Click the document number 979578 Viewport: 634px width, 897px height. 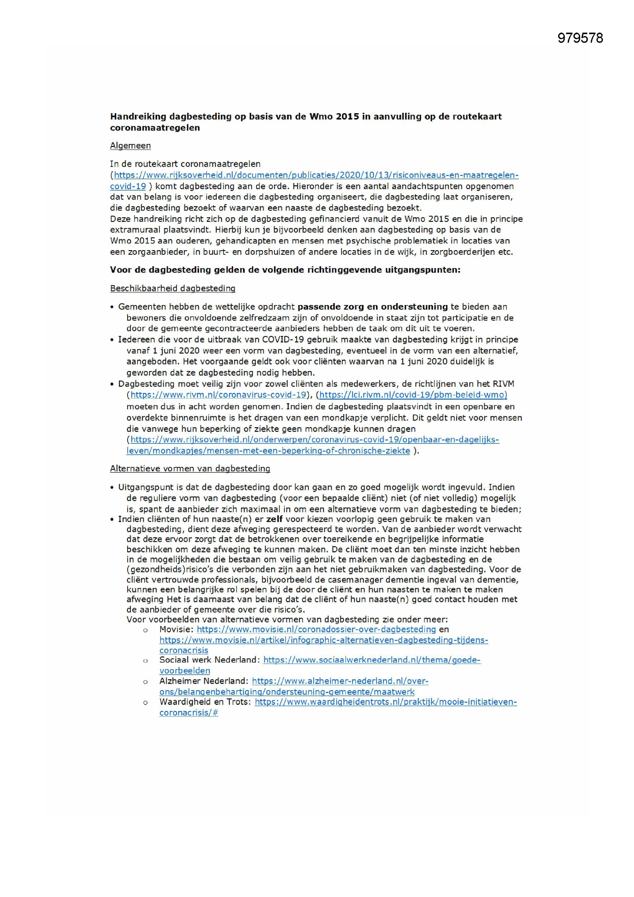point(580,38)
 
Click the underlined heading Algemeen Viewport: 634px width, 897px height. point(130,146)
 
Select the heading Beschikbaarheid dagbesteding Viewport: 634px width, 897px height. point(172,289)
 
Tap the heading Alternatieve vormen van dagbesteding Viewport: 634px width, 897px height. point(190,468)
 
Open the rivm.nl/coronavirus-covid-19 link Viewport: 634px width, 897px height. point(218,394)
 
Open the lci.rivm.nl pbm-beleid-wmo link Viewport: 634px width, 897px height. point(413,394)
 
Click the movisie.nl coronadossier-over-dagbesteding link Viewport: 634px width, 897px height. point(316,629)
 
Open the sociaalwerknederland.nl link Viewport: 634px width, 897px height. point(372,660)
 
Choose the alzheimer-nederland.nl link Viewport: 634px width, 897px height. point(340,681)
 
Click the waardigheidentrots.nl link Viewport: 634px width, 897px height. point(386,702)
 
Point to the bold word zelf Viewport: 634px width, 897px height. point(274,519)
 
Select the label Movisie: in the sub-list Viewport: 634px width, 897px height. point(176,629)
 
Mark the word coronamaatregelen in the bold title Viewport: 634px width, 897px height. point(154,128)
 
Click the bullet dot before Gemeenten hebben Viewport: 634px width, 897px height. point(112,307)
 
